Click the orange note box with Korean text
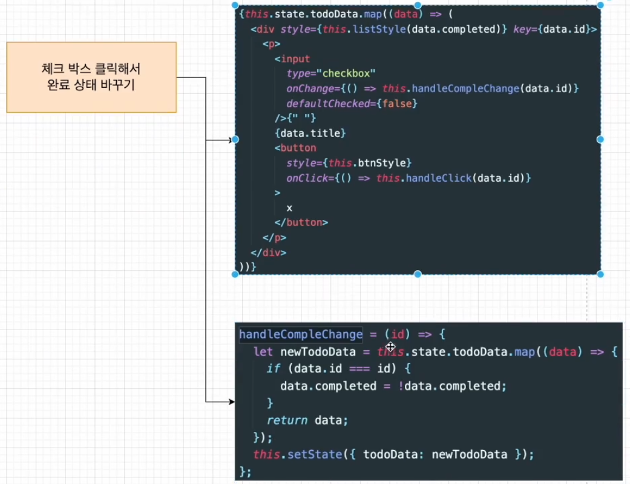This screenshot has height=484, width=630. pyautogui.click(x=91, y=77)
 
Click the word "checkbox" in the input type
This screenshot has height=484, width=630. pyautogui.click(x=349, y=73)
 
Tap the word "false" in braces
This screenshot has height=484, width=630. pyautogui.click(x=398, y=104)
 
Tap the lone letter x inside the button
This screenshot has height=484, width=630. pyautogui.click(x=289, y=207)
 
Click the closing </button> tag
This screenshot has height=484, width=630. pyautogui.click(x=301, y=222)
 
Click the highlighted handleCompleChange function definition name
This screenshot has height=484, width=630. pyautogui.click(x=300, y=334)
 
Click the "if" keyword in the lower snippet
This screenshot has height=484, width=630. pyautogui.click(x=273, y=369)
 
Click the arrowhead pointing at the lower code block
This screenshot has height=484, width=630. pyautogui.click(x=231, y=402)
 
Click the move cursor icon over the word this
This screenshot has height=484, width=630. pyautogui.click(x=390, y=347)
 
